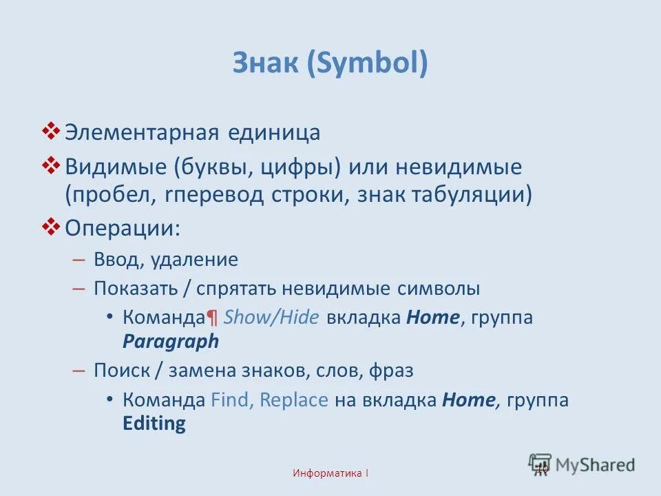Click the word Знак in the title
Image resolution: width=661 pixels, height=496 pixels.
264,64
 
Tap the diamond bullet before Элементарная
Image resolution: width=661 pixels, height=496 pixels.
52,130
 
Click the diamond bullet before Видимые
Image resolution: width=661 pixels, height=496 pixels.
52,164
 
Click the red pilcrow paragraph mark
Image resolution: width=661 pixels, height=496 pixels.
212,318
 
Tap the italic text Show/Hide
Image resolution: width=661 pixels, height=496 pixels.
271,318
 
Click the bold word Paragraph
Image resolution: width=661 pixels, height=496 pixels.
171,341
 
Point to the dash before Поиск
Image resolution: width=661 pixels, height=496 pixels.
78,371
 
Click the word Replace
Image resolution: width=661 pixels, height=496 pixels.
294,400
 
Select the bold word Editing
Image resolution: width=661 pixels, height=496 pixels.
154,423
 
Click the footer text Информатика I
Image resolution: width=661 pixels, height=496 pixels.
330,473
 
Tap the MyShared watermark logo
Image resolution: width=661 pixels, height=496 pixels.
582,464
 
